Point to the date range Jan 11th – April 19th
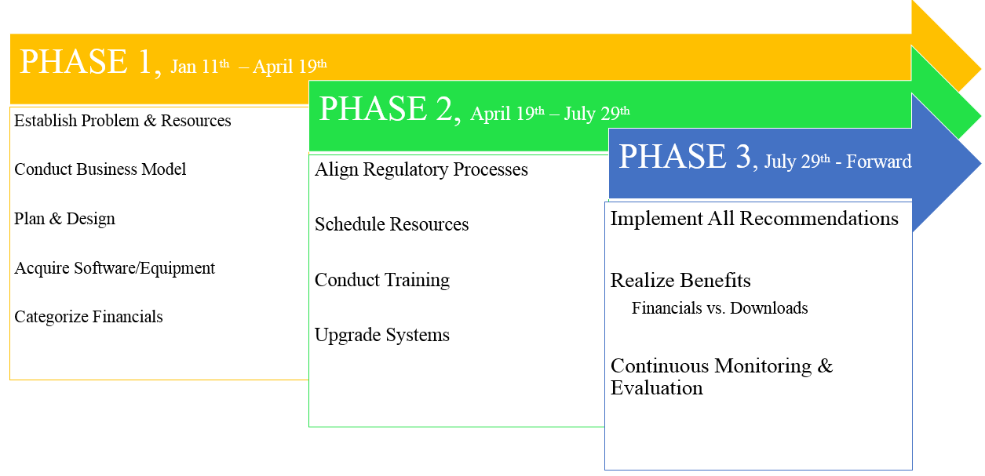point(249,67)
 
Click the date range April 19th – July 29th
point(550,114)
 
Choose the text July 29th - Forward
point(837,162)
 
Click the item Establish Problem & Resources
point(122,121)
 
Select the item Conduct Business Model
point(100,169)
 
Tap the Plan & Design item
point(64,219)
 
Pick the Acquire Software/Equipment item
point(115,268)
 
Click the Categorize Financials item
point(89,317)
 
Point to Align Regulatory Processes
point(421,169)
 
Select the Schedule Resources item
point(392,224)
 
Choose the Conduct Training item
point(382,280)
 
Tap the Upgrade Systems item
point(382,335)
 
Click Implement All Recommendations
point(754,219)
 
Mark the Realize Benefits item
point(680,281)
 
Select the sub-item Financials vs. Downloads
point(720,308)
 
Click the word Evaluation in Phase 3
point(656,388)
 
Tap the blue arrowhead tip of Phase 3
point(980,163)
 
